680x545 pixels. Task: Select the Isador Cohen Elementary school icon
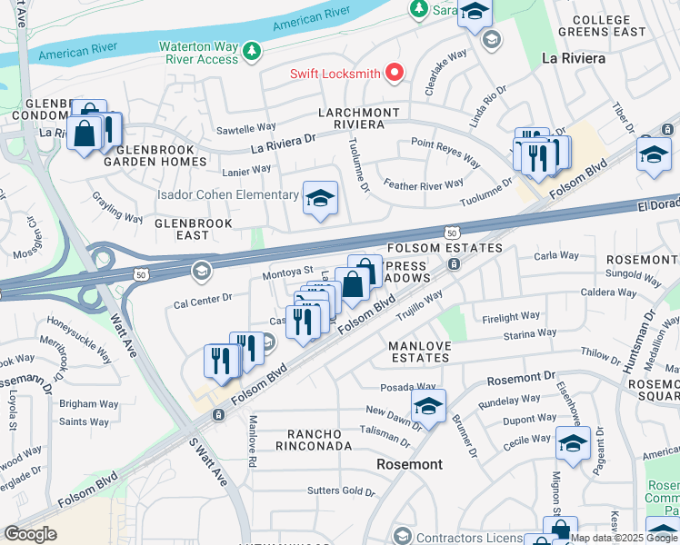tap(319, 198)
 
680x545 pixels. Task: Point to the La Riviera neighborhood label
tap(573, 58)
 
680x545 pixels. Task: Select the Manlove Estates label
tap(419, 352)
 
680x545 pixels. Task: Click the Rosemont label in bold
tap(409, 464)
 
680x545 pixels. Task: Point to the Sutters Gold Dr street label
tap(342, 491)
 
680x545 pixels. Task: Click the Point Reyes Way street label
tap(445, 152)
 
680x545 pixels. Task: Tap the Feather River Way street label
tap(424, 184)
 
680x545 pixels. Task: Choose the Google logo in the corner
tap(31, 534)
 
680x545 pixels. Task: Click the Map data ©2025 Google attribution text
tap(624, 538)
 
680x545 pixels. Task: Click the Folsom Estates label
tap(445, 248)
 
